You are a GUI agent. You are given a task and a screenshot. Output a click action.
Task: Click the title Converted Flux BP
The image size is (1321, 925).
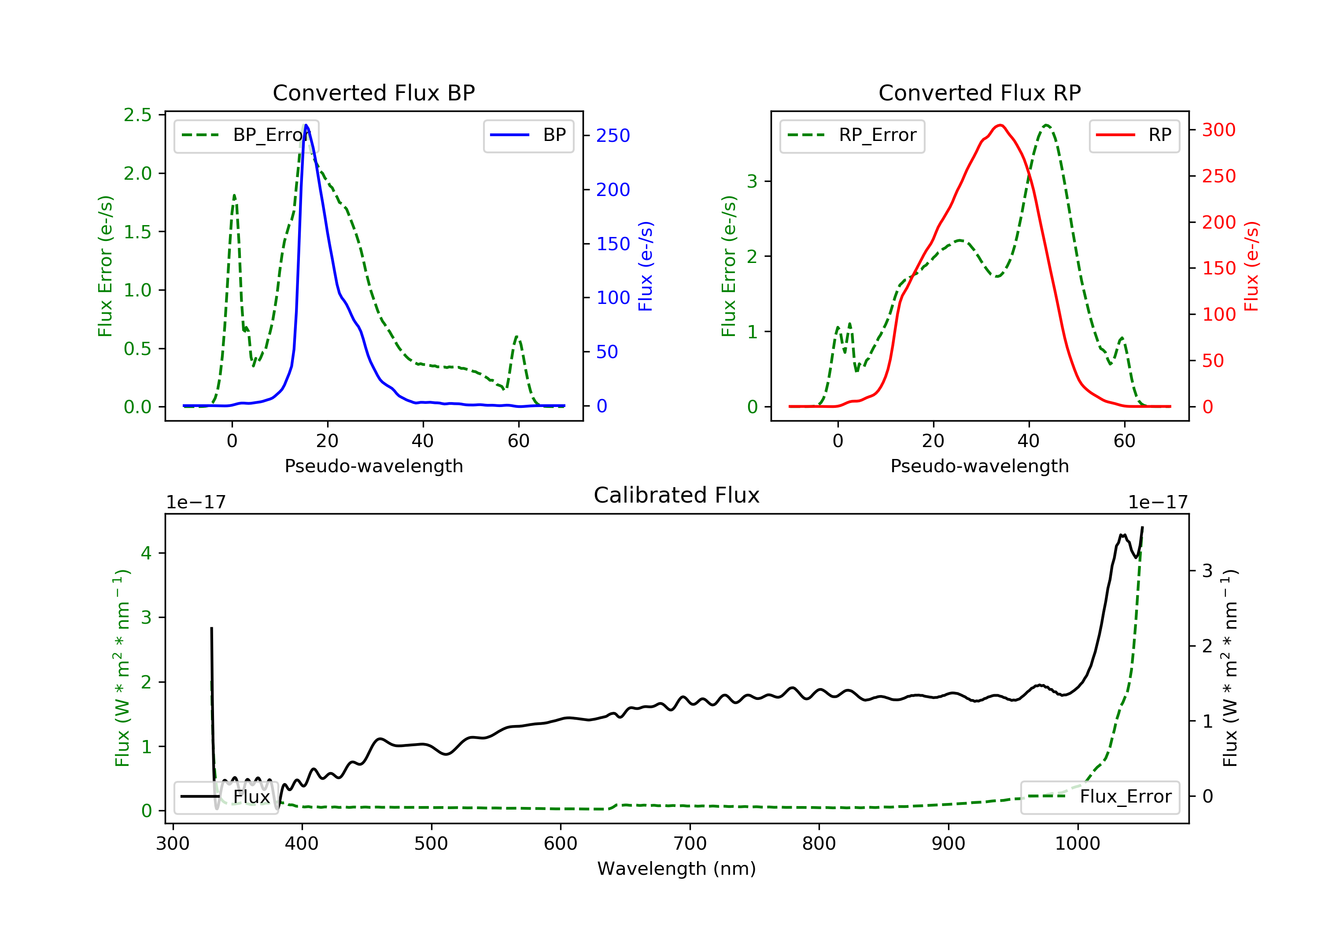373,92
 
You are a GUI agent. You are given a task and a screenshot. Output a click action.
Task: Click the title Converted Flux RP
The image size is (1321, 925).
979,92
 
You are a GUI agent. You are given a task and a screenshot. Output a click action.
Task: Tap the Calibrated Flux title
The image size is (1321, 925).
677,495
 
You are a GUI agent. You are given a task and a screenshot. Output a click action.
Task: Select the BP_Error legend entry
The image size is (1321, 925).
246,135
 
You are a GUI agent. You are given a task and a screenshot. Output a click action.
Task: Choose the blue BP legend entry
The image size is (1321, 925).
528,135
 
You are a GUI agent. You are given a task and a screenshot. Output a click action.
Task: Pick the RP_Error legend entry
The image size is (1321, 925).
852,135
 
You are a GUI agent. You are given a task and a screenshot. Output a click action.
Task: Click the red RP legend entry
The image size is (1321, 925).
1134,135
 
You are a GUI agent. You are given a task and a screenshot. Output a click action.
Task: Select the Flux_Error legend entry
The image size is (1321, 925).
1100,797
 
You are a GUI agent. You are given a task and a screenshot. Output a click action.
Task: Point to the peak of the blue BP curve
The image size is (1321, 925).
306,125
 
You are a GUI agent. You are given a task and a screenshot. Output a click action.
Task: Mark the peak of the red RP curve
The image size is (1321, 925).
1000,125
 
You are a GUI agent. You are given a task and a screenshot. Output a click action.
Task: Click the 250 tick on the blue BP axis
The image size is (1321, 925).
613,136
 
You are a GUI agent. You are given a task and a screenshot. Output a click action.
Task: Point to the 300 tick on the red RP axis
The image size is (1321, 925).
1218,130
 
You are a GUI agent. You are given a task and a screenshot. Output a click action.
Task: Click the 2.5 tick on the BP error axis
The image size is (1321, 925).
137,115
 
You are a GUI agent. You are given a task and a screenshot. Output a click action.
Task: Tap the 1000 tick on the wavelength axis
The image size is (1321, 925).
1077,844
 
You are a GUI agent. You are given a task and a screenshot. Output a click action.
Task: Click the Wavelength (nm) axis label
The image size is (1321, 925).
677,869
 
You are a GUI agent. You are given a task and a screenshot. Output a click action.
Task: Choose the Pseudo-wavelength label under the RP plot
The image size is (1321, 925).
979,466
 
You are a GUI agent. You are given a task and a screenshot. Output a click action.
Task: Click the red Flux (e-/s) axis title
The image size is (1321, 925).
1251,266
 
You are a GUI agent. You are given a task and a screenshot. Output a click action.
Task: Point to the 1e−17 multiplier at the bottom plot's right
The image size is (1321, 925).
1158,503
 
